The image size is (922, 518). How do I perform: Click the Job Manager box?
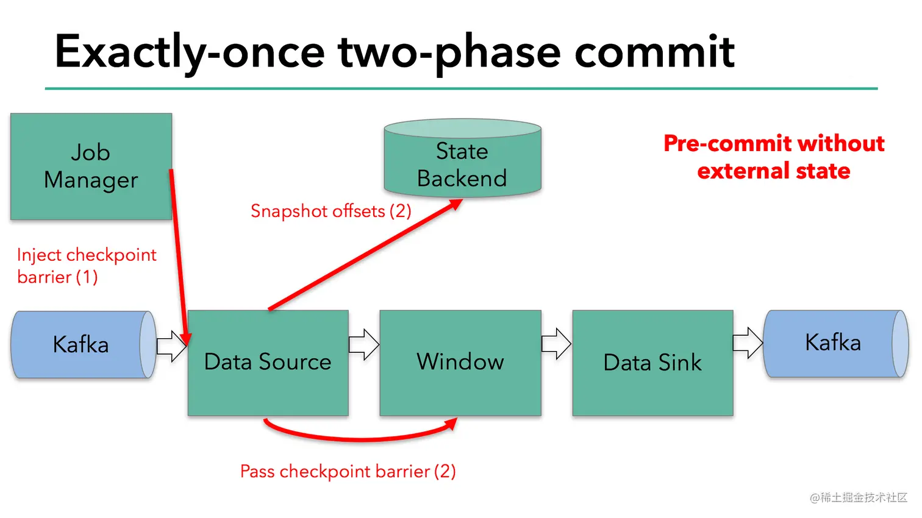point(91,166)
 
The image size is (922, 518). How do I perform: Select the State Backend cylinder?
point(462,161)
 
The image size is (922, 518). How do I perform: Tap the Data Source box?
point(268,363)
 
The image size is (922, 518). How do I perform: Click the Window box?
point(460,363)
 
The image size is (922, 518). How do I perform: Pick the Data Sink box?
point(652,363)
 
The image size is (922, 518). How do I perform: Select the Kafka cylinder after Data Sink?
point(833,343)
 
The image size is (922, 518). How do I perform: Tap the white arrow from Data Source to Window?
point(364,344)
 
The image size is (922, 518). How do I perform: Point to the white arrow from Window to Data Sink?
point(556,344)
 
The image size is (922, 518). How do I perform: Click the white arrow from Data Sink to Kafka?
point(748,343)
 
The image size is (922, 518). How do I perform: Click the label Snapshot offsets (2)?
point(331,211)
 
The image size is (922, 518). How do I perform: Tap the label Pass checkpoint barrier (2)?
point(348,471)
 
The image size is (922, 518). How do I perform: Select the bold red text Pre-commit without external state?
point(773,157)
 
